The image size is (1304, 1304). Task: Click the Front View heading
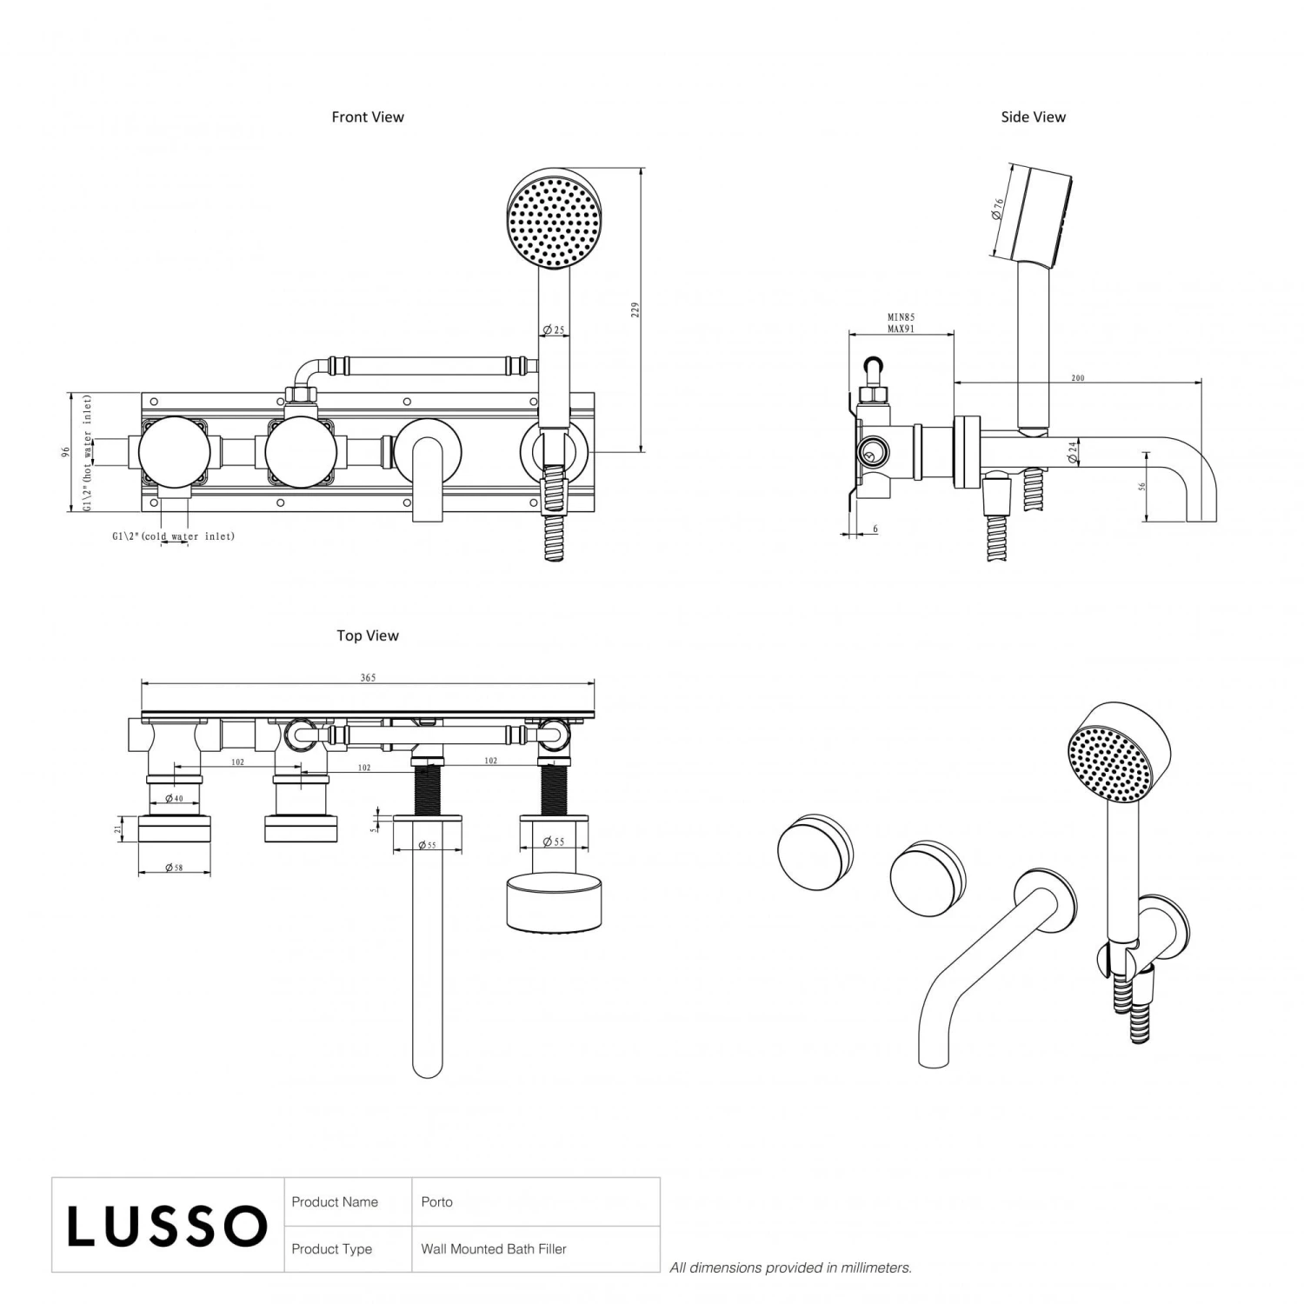point(368,116)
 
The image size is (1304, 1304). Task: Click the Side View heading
point(1033,116)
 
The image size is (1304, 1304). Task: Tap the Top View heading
point(368,635)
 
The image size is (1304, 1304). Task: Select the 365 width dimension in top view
point(368,677)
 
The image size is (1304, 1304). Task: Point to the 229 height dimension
point(635,309)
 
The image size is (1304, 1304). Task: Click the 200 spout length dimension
point(1077,378)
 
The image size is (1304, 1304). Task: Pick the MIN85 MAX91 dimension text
point(901,323)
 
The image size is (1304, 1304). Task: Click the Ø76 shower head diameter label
point(998,209)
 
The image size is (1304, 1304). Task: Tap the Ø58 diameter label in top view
point(174,868)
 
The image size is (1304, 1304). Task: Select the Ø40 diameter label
point(174,798)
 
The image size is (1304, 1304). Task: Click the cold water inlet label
point(174,536)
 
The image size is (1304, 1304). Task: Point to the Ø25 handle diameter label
point(553,330)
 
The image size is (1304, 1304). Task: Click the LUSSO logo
point(167,1226)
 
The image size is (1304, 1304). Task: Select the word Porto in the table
point(436,1202)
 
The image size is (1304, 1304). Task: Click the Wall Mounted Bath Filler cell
point(494,1249)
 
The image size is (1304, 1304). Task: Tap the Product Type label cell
point(332,1249)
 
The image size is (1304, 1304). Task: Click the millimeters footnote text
point(790,1268)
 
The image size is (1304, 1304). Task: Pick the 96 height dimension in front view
point(64,453)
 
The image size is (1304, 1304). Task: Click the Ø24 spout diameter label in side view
point(1073,452)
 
